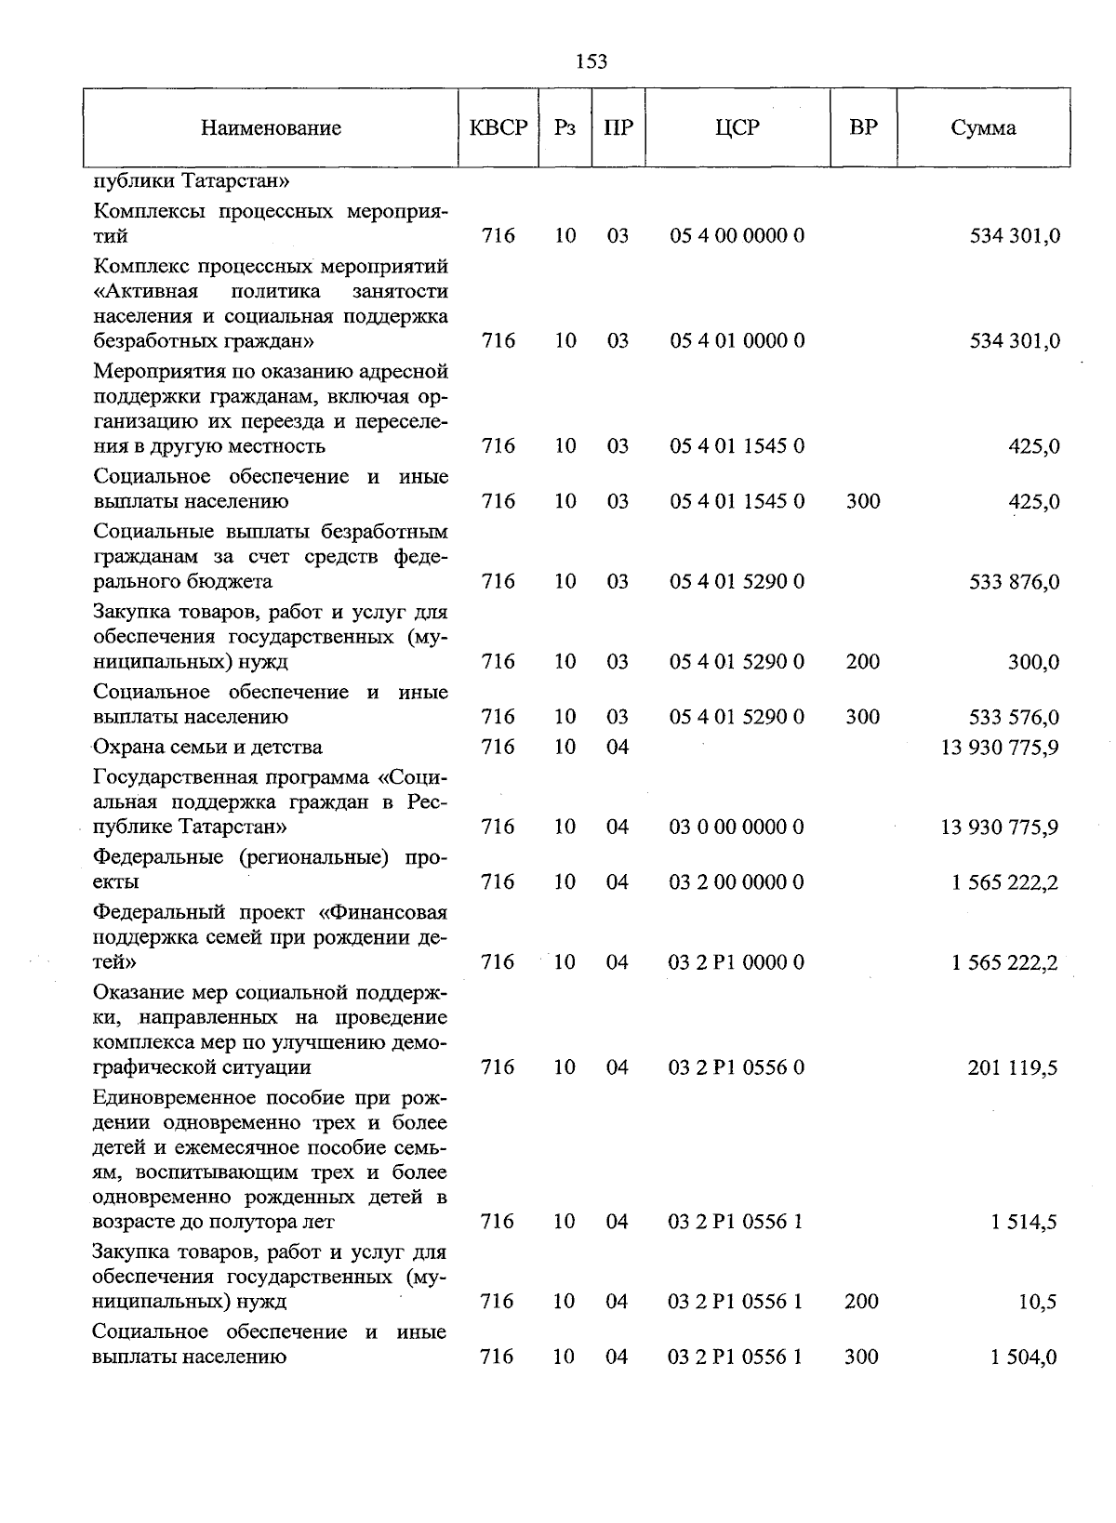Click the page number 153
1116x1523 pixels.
591,61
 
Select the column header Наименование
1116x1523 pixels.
271,128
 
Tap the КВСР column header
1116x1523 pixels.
498,128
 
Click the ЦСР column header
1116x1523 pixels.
737,128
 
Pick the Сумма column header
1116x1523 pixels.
983,128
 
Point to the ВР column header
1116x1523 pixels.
863,127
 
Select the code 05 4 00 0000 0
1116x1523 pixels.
737,236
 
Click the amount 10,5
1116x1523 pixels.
1037,1302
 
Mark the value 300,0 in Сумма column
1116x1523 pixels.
1033,662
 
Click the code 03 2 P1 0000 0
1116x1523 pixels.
736,962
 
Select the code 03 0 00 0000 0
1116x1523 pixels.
736,828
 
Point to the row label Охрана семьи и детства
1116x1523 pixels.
207,748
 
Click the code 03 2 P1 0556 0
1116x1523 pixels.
736,1067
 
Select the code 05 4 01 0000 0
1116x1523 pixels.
737,341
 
